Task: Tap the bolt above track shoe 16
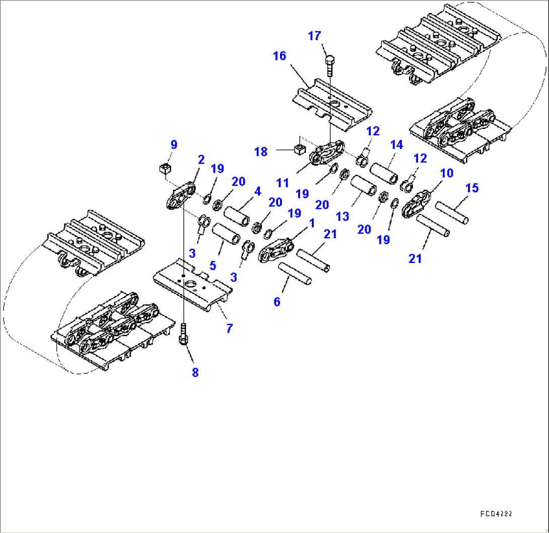coord(329,65)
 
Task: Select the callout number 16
coord(280,56)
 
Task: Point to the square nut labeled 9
coord(165,168)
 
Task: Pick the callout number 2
coord(201,160)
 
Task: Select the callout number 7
coord(229,329)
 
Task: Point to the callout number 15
coord(472,188)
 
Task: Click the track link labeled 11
coord(327,153)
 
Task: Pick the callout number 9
coord(173,145)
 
